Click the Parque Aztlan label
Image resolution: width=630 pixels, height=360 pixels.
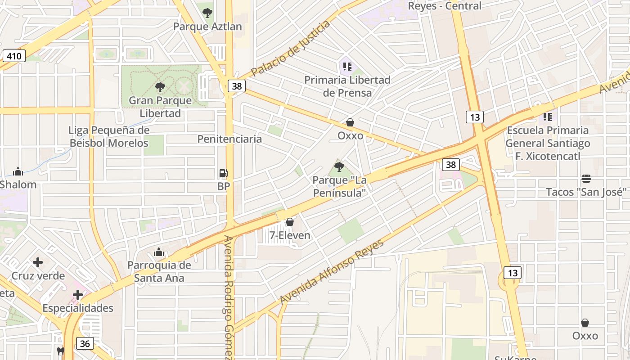207,27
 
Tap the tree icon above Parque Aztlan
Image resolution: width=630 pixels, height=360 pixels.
207,13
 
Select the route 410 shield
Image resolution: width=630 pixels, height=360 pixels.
14,56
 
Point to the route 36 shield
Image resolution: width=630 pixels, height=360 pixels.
85,344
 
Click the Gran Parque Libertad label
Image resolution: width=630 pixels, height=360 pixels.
160,107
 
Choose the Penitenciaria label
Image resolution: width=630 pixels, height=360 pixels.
229,139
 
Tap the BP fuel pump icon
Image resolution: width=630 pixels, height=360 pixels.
223,173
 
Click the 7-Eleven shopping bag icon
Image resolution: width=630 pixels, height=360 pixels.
290,222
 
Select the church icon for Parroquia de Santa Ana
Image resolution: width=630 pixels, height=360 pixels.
159,252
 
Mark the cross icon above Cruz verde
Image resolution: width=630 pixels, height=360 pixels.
38,262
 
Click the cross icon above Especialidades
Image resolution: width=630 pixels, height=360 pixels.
78,295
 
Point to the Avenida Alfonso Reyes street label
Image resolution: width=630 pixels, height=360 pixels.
332,272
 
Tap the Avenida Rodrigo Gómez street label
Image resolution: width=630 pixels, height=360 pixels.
229,297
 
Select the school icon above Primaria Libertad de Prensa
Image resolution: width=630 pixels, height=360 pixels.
347,67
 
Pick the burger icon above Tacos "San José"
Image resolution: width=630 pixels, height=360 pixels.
586,179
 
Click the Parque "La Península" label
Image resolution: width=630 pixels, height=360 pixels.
340,186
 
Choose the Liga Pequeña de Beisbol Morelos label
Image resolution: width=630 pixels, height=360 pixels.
109,137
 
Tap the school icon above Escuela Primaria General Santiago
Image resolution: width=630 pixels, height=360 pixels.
547,117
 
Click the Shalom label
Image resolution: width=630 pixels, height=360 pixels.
18,184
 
